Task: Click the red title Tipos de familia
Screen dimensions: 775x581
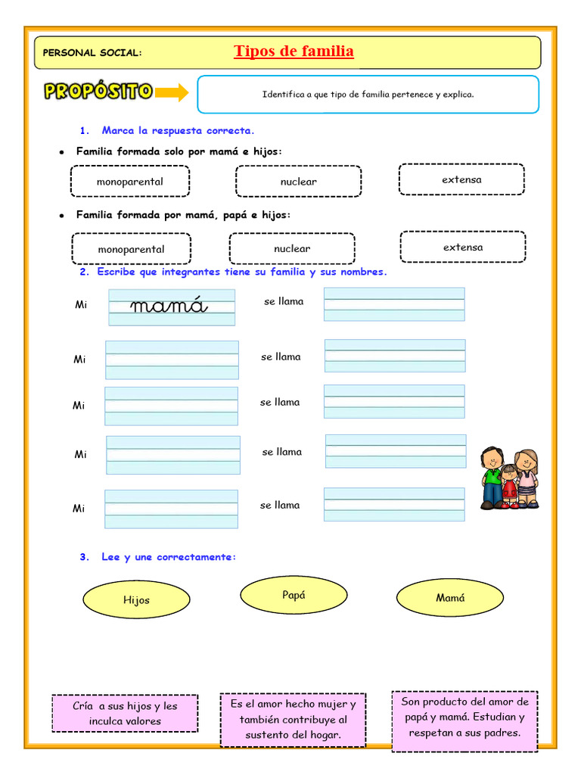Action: tap(294, 51)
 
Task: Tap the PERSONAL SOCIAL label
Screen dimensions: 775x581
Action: tap(92, 53)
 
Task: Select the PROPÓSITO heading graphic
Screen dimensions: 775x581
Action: tap(98, 92)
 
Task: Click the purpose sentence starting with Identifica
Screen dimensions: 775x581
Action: tap(368, 95)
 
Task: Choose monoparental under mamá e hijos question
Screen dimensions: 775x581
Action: tap(129, 182)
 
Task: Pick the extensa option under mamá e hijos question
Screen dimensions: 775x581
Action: tap(461, 179)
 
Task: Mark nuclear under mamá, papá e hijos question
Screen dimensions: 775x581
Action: tap(292, 248)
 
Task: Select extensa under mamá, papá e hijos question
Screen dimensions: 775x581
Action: tap(463, 247)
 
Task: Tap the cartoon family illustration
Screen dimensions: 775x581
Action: tap(510, 478)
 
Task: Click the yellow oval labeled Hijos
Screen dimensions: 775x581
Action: tap(136, 599)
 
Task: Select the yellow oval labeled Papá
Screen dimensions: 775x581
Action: tap(294, 595)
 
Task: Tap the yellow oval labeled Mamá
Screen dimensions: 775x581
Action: tap(450, 598)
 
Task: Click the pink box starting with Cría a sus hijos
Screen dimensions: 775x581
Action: tap(125, 713)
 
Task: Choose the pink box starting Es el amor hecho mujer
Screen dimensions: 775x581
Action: tap(293, 719)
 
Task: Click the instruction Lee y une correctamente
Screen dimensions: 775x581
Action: tap(169, 557)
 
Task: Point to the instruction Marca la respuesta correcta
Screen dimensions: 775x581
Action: tap(172, 131)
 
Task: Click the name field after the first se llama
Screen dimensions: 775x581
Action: tap(394, 304)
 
